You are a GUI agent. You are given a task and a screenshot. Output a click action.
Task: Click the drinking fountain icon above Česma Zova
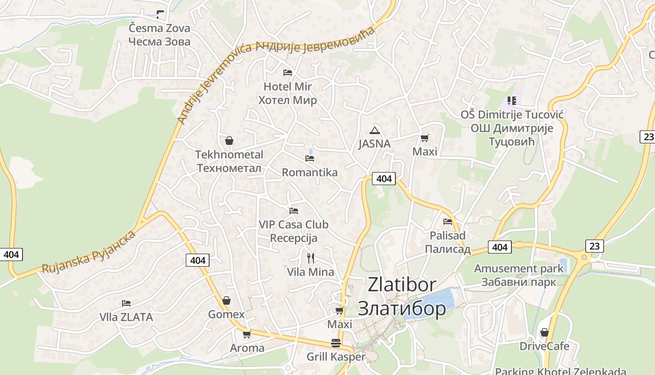(160, 15)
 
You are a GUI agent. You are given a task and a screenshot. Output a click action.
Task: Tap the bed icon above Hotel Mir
(288, 73)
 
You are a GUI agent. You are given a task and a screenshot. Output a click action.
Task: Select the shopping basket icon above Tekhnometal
(229, 141)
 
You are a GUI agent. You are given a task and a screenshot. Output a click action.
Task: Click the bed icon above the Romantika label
(309, 158)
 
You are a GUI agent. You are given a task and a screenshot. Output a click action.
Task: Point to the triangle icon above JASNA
(374, 130)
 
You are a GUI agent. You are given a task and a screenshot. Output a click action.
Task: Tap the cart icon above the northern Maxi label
(424, 138)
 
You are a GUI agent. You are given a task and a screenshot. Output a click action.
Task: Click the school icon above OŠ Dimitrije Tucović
(511, 101)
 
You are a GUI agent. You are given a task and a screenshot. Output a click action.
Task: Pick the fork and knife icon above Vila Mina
(310, 258)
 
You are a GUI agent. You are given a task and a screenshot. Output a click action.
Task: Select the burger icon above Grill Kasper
(335, 343)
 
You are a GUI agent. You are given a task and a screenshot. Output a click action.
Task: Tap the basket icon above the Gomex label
(226, 300)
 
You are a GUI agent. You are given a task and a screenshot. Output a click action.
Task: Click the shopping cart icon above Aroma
(247, 334)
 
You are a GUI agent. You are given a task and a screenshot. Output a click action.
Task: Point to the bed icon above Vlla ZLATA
(126, 303)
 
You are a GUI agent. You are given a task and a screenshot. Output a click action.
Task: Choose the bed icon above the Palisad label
(448, 222)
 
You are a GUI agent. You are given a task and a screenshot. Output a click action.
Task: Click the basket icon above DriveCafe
(544, 332)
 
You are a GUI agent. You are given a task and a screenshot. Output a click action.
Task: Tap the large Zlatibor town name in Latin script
(402, 285)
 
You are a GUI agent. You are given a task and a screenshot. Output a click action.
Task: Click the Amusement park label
(518, 269)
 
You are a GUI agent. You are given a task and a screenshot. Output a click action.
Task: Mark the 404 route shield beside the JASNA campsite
(384, 179)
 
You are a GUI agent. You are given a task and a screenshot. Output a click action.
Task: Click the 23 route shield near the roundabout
(594, 246)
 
